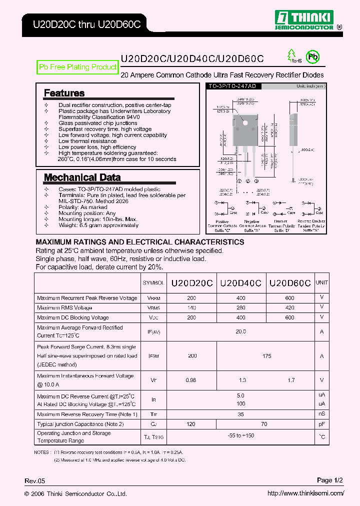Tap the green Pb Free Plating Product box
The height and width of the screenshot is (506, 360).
pos(78,67)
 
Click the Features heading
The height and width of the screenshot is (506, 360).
pos(64,93)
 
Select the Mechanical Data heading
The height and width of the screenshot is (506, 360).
pos(82,177)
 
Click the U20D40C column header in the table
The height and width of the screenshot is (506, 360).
pos(240,282)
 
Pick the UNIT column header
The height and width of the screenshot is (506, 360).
pos(321,282)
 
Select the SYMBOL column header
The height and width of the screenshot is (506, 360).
pos(153,283)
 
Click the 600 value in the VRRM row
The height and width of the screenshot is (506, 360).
pos(290,298)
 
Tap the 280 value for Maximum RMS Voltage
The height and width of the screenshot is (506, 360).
pos(240,307)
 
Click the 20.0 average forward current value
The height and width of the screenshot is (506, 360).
pos(240,331)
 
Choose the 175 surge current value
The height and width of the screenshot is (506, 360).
pos(266,356)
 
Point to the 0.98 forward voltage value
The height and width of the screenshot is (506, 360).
pos(191,380)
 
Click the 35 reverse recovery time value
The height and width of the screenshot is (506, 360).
pos(240,414)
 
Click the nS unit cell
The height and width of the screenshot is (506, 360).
pos(321,414)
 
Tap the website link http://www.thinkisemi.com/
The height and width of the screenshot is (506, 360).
pos(305,493)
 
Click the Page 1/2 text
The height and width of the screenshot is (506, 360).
pos(330,480)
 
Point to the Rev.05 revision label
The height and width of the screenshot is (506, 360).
pos(35,481)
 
